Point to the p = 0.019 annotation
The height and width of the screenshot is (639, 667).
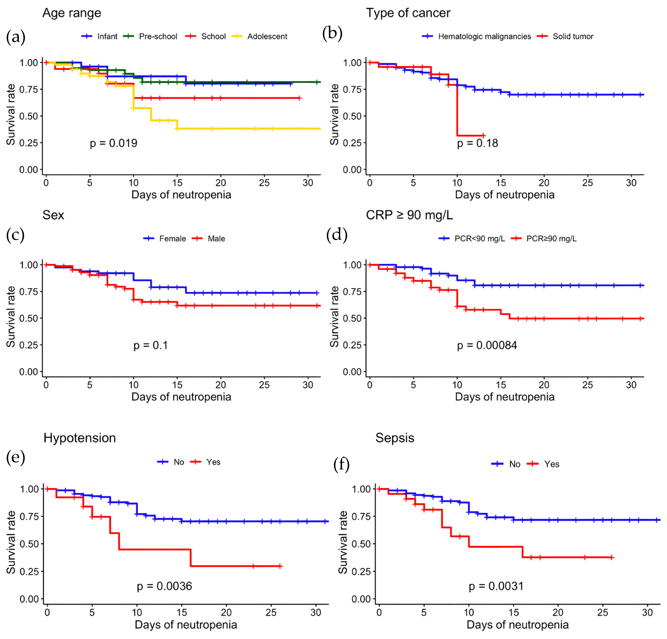point(114,143)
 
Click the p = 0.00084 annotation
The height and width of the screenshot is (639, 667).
point(487,346)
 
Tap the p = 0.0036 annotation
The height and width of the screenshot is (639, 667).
point(164,586)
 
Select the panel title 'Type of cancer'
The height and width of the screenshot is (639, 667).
point(408,13)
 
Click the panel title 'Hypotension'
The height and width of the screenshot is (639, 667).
point(80,438)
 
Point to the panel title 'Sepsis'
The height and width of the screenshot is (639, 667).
point(395,438)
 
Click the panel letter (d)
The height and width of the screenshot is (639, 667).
point(337,235)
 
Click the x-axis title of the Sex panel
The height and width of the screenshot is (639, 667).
point(181,397)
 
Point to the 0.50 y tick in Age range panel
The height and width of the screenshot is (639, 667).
point(29,116)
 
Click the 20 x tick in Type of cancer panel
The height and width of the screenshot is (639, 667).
point(544,183)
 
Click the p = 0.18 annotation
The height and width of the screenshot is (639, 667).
point(478,143)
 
